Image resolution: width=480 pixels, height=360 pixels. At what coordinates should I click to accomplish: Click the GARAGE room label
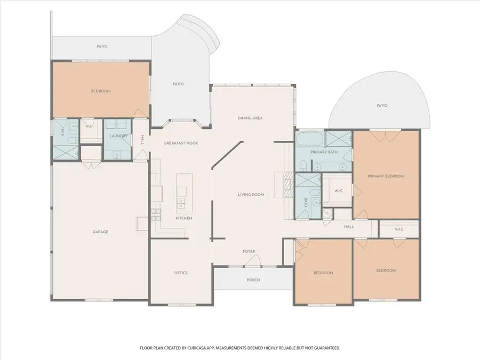(100, 232)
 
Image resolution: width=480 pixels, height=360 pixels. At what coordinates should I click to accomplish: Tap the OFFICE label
(181, 273)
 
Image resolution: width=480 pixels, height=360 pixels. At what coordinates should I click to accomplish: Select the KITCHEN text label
(184, 218)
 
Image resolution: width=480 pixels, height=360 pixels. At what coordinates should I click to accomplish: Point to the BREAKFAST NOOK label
(181, 143)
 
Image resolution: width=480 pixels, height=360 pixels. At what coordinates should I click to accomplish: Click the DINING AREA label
(250, 118)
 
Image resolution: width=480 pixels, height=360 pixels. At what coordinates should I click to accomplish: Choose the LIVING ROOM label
(251, 194)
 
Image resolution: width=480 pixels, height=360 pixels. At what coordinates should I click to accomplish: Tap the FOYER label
(249, 251)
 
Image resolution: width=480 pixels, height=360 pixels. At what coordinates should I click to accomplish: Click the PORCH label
(253, 280)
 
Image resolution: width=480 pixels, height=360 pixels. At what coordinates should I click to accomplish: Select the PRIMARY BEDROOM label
(386, 176)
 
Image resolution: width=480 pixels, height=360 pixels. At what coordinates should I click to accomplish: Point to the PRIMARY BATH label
(324, 152)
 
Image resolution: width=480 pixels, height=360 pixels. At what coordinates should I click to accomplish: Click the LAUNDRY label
(118, 136)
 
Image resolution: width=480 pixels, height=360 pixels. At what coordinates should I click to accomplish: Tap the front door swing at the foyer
(253, 261)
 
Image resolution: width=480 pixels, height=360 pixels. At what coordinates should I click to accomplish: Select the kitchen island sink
(181, 203)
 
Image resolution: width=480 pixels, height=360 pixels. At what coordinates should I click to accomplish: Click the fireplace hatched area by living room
(288, 186)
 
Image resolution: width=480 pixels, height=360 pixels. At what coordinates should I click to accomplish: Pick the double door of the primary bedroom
(385, 136)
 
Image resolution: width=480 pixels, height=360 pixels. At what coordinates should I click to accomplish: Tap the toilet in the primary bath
(302, 166)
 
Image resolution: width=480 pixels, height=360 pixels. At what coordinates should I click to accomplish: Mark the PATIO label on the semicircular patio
(382, 105)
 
